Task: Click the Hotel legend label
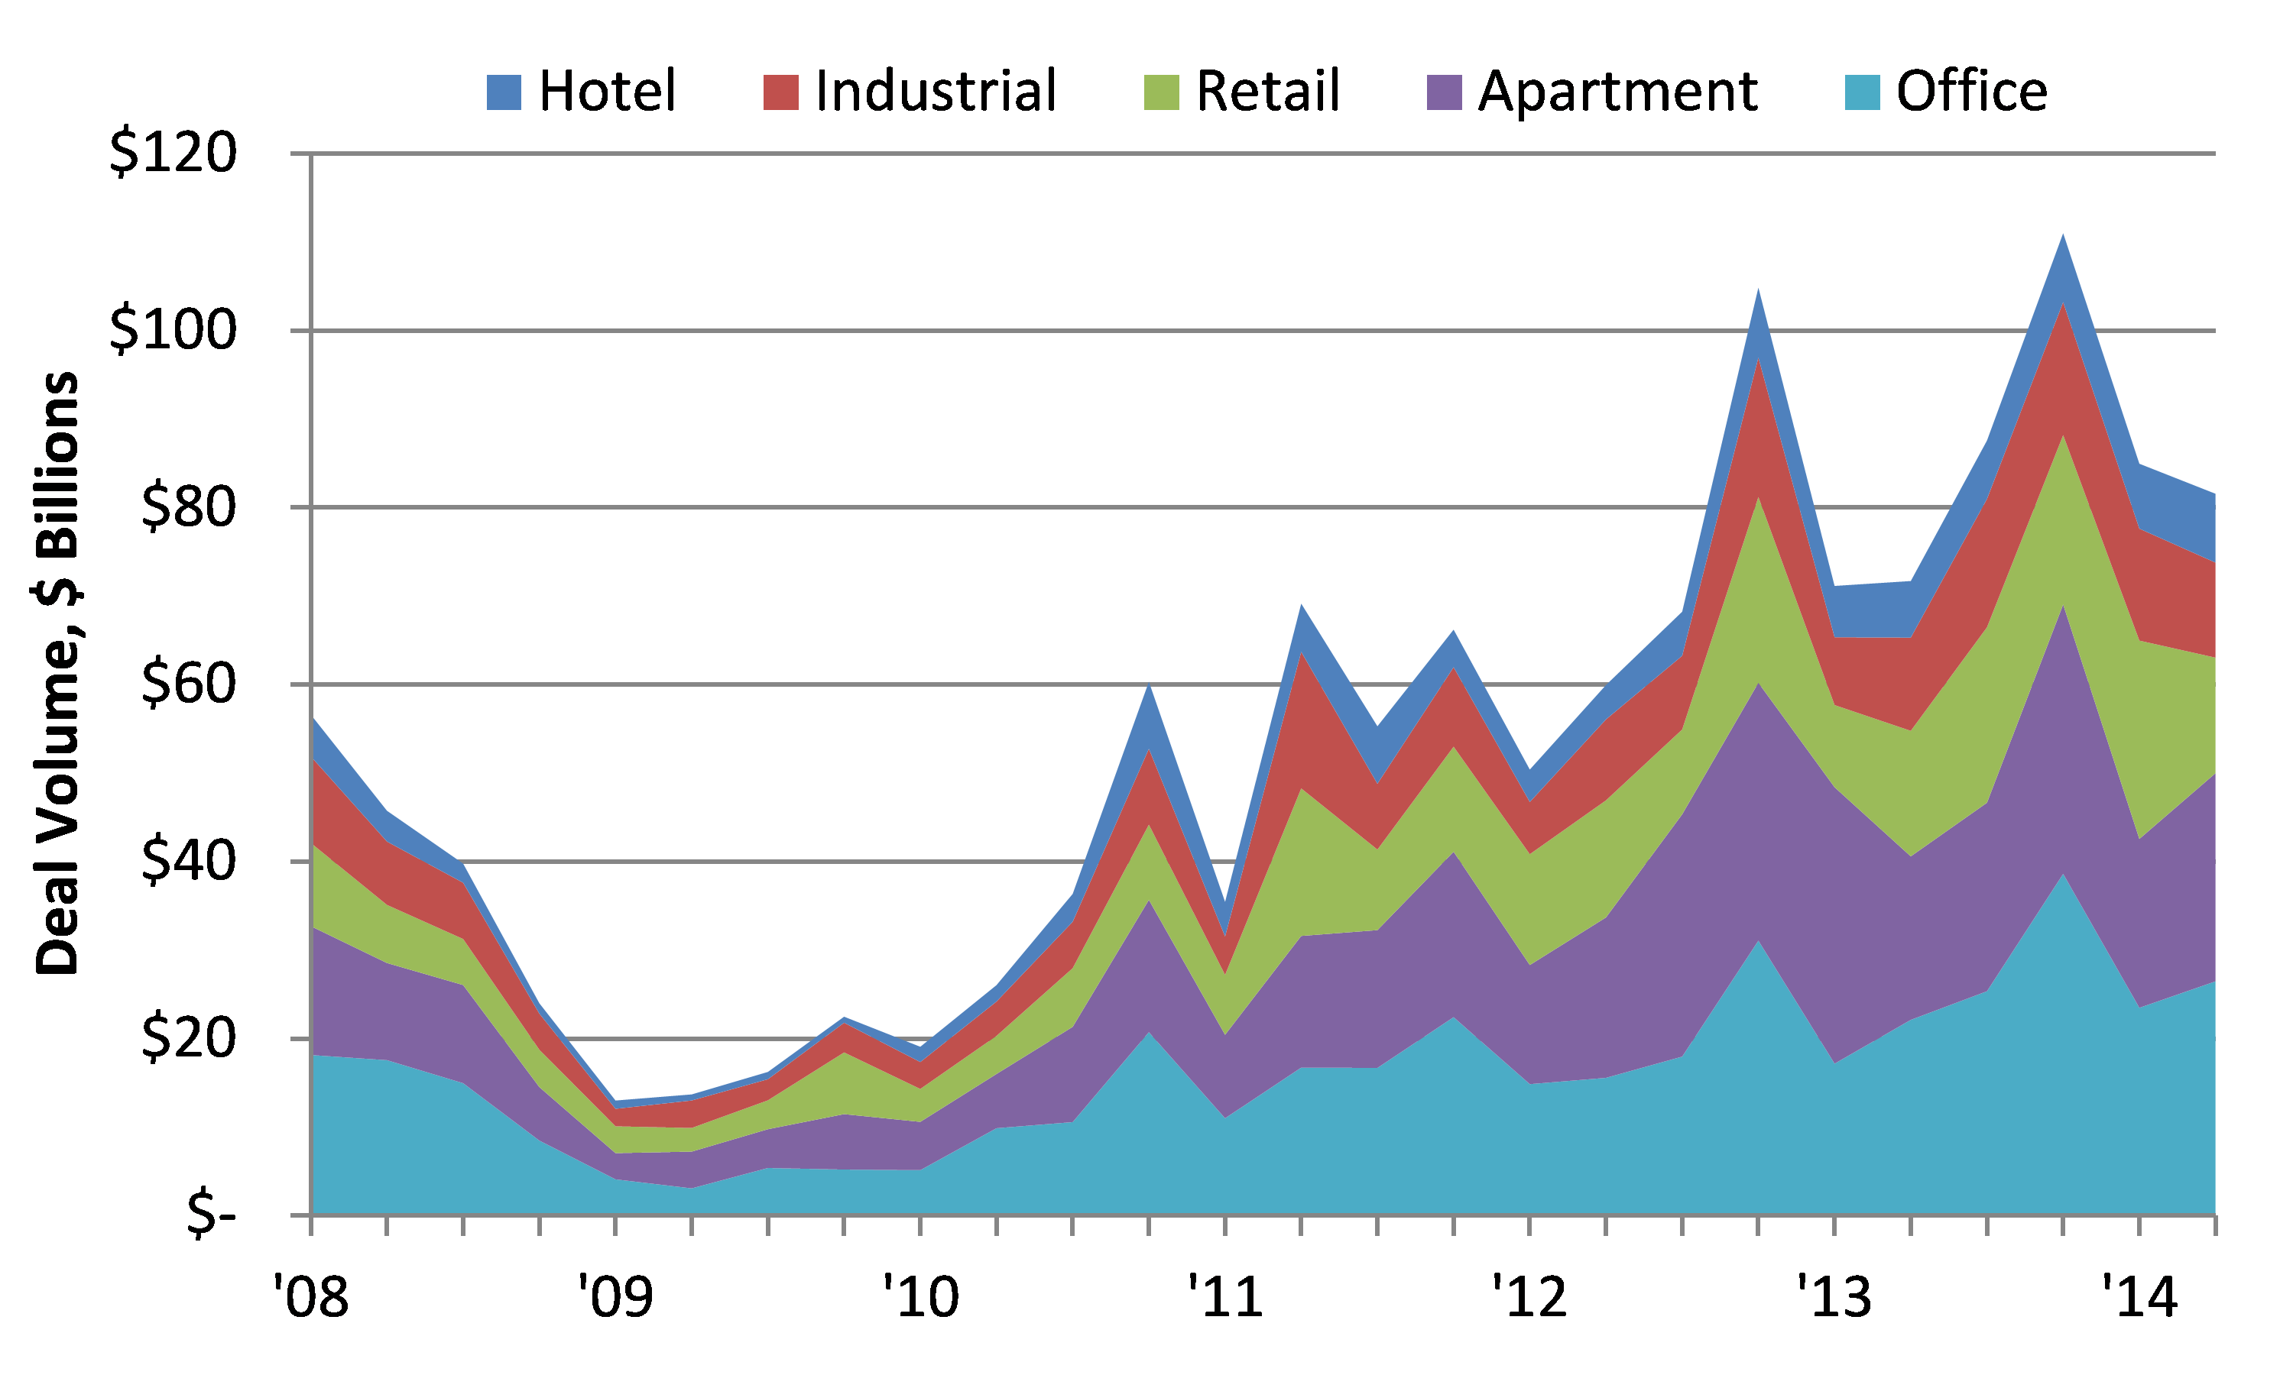tap(607, 91)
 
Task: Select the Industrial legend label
tap(936, 91)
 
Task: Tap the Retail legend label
tap(1268, 91)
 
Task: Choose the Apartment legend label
tap(1617, 91)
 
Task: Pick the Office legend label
tap(1971, 91)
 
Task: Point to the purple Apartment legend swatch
tap(1444, 92)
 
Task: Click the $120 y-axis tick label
tap(174, 153)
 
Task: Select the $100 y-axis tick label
tap(174, 330)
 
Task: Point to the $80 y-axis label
tap(188, 506)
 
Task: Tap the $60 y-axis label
tap(188, 684)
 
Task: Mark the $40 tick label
tap(188, 861)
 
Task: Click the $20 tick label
tap(188, 1037)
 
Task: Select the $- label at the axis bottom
tap(210, 1215)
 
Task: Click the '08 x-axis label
tap(311, 1297)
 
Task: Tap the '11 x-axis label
tap(1225, 1297)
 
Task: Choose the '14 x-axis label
tap(2139, 1297)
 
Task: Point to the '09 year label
tap(615, 1297)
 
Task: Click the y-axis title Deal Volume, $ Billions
tap(57, 674)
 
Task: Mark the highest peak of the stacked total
tap(2062, 238)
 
